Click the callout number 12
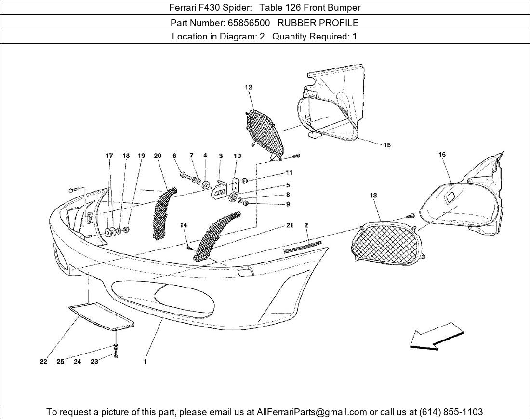249,87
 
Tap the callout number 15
387,145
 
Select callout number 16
442,155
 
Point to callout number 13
373,196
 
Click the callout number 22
43,362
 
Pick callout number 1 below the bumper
145,362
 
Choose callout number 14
184,225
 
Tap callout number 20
158,156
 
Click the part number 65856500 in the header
249,23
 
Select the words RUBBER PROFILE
318,23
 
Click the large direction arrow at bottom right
437,336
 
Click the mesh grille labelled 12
265,134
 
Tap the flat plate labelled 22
101,316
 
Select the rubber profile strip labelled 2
303,247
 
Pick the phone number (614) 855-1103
451,412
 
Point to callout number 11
289,173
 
